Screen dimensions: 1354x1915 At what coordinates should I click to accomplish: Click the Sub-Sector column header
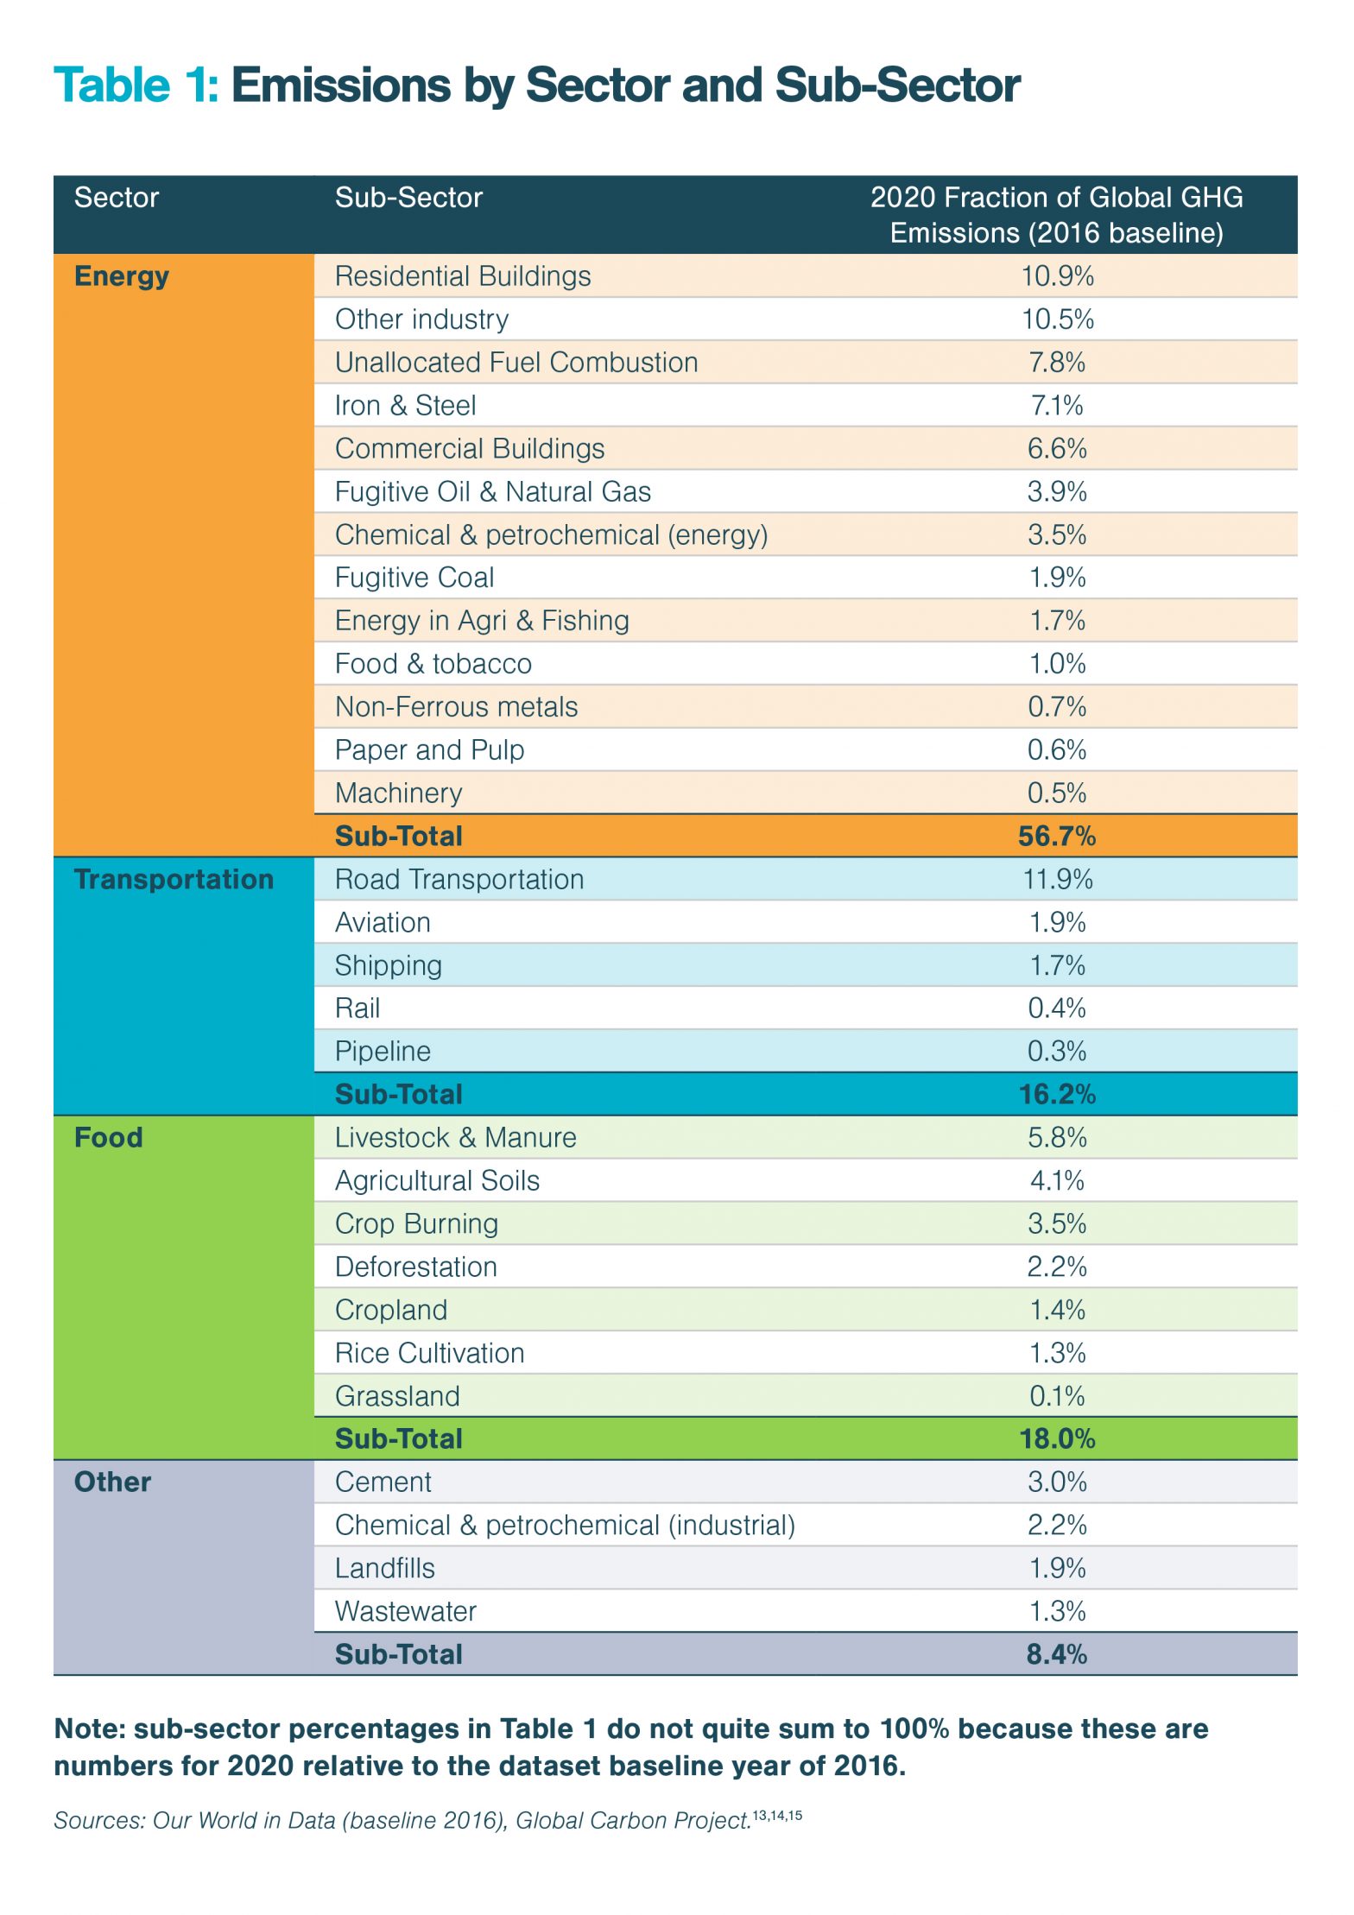[408, 198]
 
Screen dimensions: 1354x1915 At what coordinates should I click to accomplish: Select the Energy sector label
[122, 277]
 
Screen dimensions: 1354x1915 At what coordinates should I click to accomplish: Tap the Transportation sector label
[174, 879]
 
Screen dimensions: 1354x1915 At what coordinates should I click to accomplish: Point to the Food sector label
[109, 1137]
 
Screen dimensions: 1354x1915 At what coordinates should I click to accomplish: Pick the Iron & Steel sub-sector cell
[405, 405]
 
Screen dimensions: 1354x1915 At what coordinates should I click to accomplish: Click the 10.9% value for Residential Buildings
[1058, 276]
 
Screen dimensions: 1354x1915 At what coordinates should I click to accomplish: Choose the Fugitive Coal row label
[414, 578]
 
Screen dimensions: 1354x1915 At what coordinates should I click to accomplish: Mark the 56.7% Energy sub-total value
[1057, 836]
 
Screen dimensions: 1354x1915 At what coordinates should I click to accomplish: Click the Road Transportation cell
[459, 879]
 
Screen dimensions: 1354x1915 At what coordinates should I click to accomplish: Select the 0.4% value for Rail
[1057, 1008]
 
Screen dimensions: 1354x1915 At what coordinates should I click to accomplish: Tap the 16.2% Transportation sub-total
[1057, 1095]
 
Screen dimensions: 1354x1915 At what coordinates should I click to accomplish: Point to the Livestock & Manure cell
[455, 1137]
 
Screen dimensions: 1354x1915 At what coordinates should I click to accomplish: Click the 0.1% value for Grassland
[1057, 1396]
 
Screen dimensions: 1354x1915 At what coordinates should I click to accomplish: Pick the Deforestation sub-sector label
[416, 1267]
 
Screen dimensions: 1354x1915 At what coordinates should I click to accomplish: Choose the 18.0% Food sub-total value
[1057, 1439]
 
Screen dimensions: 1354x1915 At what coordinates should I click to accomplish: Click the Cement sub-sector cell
[383, 1482]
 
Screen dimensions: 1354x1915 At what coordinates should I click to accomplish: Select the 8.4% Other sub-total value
[1057, 1654]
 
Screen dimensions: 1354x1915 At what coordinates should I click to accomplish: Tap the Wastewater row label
[406, 1611]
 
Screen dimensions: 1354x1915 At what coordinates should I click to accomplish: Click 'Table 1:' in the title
[136, 85]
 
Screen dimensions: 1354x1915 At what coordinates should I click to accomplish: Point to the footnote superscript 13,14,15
[777, 1815]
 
